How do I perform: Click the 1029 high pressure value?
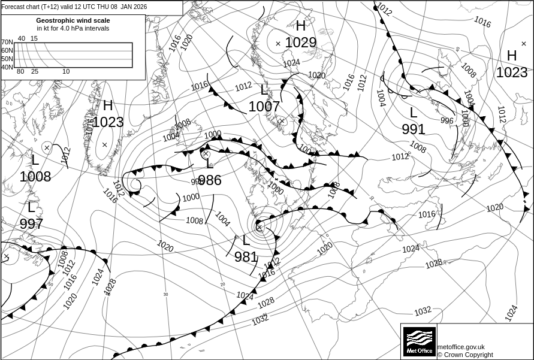click(300, 43)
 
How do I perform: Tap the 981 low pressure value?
click(246, 257)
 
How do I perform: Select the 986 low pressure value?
click(210, 180)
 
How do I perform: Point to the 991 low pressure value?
click(414, 129)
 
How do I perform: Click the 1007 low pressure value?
click(264, 107)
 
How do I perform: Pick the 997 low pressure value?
click(31, 224)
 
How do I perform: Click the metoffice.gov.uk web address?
click(461, 347)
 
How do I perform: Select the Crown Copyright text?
click(464, 355)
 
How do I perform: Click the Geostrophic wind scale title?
click(73, 20)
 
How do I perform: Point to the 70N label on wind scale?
click(7, 43)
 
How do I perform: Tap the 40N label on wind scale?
click(7, 67)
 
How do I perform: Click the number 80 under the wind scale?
click(20, 72)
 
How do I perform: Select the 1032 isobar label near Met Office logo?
click(423, 311)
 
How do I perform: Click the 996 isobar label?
click(447, 120)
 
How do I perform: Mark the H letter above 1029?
click(301, 26)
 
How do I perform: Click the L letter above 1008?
click(35, 160)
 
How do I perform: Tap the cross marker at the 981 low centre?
click(259, 226)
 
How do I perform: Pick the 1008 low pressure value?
click(35, 177)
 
